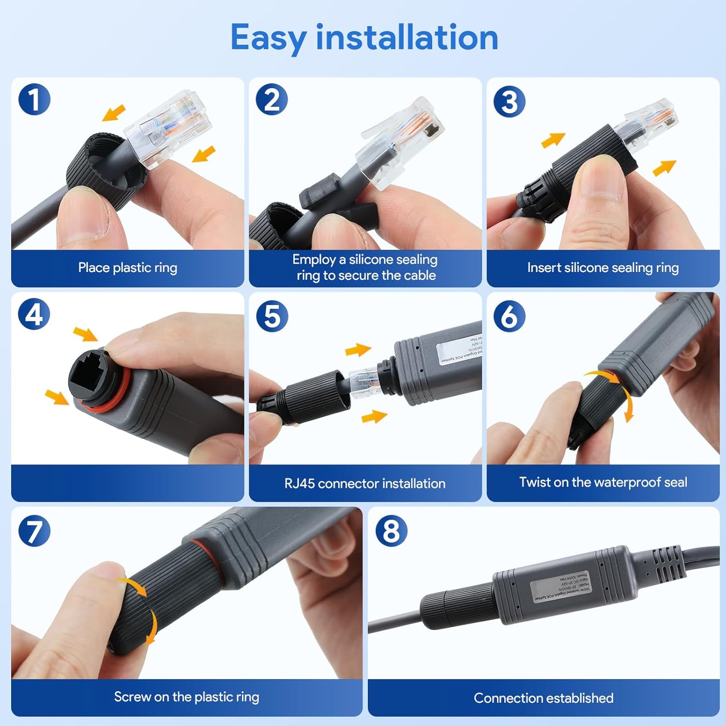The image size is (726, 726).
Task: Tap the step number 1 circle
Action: click(34, 99)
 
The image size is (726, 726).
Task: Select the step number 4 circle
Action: click(34, 314)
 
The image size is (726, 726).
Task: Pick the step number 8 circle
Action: click(391, 530)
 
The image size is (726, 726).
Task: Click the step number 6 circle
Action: click(509, 316)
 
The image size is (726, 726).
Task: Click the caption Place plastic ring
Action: click(127, 268)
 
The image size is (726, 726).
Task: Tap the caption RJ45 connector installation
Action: click(364, 483)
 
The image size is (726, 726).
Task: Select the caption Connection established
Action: click(543, 698)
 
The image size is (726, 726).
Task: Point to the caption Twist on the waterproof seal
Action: click(603, 482)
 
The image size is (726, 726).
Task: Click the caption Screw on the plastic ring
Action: click(186, 697)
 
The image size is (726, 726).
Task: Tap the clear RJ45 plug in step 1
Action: click(167, 128)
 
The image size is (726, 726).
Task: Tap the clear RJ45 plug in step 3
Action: click(651, 123)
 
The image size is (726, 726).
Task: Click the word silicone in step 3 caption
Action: click(586, 268)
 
